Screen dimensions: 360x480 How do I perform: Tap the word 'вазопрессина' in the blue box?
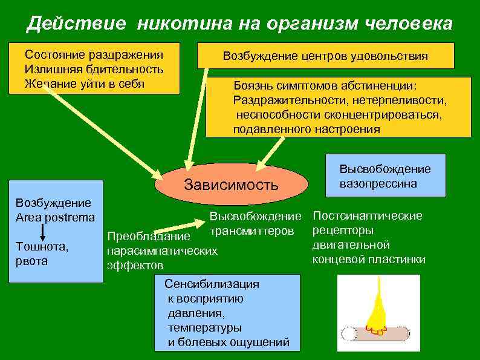[x=378, y=183]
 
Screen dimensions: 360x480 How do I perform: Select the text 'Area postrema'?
[x=55, y=217]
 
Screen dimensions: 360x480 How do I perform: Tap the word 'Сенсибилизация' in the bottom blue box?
[x=212, y=284]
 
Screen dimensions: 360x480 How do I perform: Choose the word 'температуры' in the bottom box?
[x=204, y=328]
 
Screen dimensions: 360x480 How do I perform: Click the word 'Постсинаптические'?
[x=368, y=215]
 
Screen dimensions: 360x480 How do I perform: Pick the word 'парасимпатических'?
[x=161, y=250]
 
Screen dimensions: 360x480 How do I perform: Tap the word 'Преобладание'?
[x=148, y=236]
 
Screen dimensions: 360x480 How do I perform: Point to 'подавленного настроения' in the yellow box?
[x=306, y=129]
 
